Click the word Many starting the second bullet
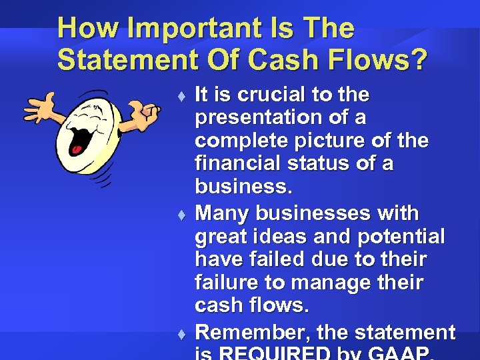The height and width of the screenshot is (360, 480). (x=223, y=213)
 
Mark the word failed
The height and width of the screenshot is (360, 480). (x=281, y=259)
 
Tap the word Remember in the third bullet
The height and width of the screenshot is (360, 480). (x=252, y=331)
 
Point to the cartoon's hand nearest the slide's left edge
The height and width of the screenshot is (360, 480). (x=40, y=107)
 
